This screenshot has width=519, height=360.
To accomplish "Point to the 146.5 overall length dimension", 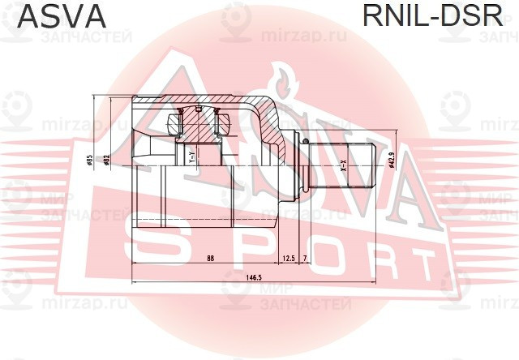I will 253,278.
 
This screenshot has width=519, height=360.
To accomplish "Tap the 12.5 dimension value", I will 289,258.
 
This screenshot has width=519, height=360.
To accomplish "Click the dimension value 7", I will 305,258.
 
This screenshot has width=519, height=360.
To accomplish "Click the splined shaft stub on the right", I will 341,165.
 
